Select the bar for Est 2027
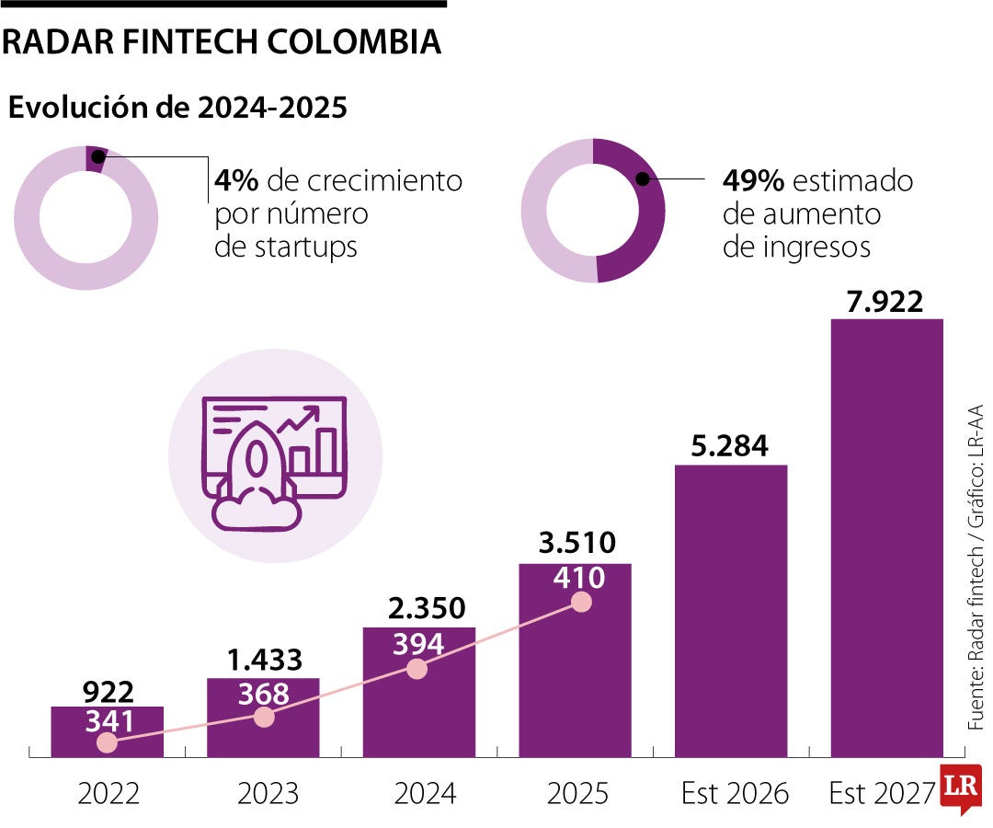[x=886, y=538]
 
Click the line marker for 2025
[x=580, y=602]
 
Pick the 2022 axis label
[x=108, y=793]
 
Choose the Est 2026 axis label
[x=735, y=793]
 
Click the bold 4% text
[x=236, y=180]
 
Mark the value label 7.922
[x=886, y=301]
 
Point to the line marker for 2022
[x=108, y=742]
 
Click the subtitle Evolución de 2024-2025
[x=177, y=109]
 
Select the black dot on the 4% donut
[x=97, y=157]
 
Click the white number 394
[x=418, y=644]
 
